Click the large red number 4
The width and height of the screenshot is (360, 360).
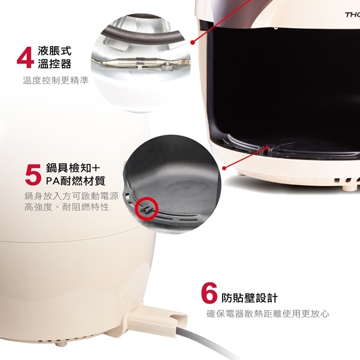click(25, 56)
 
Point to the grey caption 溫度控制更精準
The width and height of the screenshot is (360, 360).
click(55, 80)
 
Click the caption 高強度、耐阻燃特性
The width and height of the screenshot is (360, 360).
click(67, 207)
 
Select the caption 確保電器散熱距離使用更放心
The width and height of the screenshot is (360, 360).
click(268, 314)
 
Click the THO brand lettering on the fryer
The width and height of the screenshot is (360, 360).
click(351, 13)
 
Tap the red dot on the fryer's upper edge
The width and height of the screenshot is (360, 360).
click(192, 42)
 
